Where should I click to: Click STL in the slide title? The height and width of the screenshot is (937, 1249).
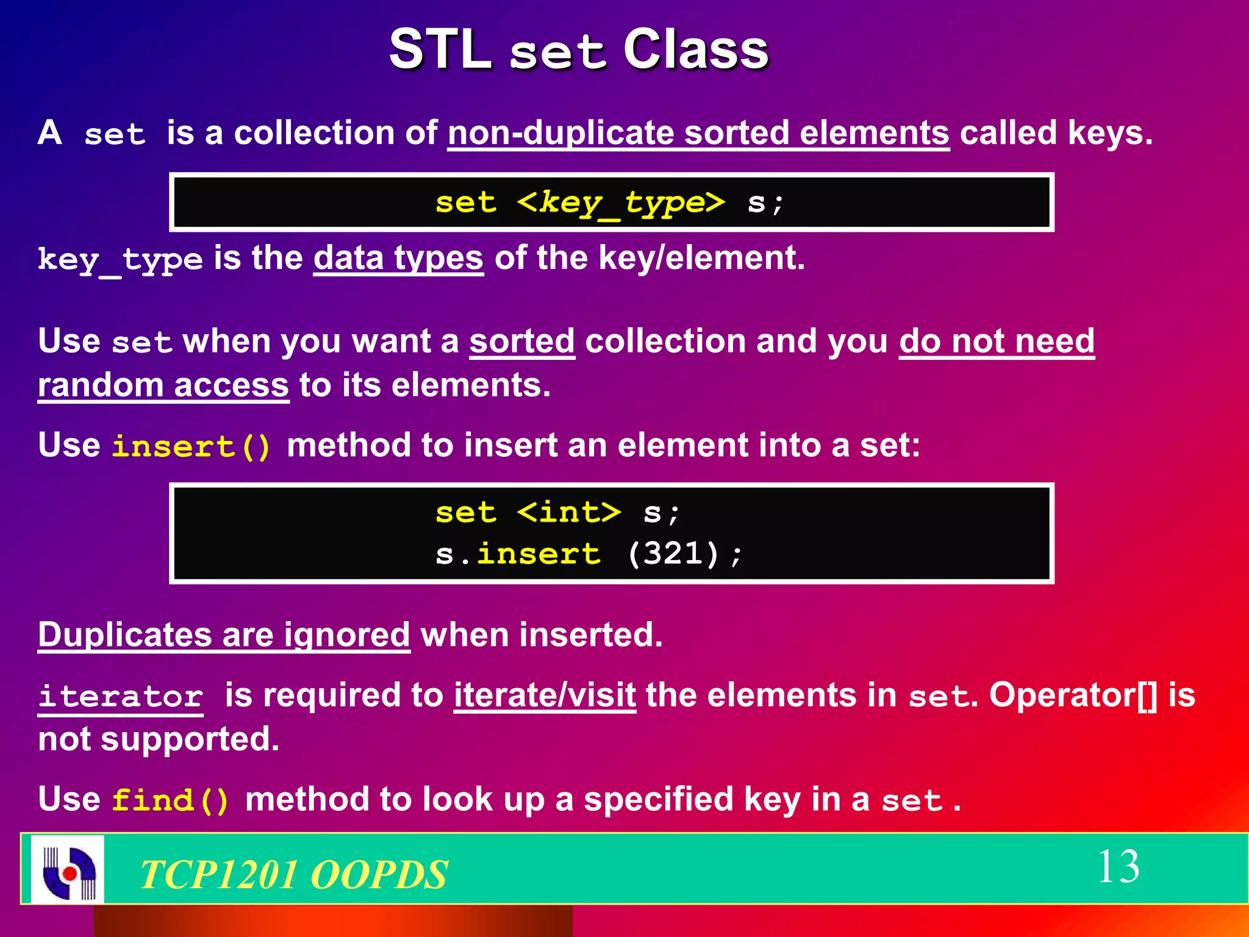(440, 50)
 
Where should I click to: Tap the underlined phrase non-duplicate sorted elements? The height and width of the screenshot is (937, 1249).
(698, 133)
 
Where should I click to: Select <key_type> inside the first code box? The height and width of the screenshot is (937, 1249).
(621, 203)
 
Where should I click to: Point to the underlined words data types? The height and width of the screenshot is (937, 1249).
(398, 258)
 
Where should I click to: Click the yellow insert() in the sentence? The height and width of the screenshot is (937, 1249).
(191, 446)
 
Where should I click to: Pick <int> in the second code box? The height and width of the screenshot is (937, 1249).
(568, 512)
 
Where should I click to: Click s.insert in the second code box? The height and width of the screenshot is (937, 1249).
(518, 554)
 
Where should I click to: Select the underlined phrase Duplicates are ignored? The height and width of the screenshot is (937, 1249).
(224, 635)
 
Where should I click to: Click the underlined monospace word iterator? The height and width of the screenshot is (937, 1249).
(121, 697)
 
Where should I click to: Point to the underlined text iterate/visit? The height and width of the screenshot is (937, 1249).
(545, 695)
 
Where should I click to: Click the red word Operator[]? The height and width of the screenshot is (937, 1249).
(1073, 695)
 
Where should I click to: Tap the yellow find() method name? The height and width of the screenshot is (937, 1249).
(171, 800)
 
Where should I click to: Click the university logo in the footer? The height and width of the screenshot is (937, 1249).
(68, 869)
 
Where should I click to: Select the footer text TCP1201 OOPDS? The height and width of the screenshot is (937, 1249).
(294, 874)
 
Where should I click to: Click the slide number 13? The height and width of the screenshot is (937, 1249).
(1118, 867)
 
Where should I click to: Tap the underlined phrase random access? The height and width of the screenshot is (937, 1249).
(163, 386)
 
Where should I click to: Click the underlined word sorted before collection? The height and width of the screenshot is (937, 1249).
(522, 341)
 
